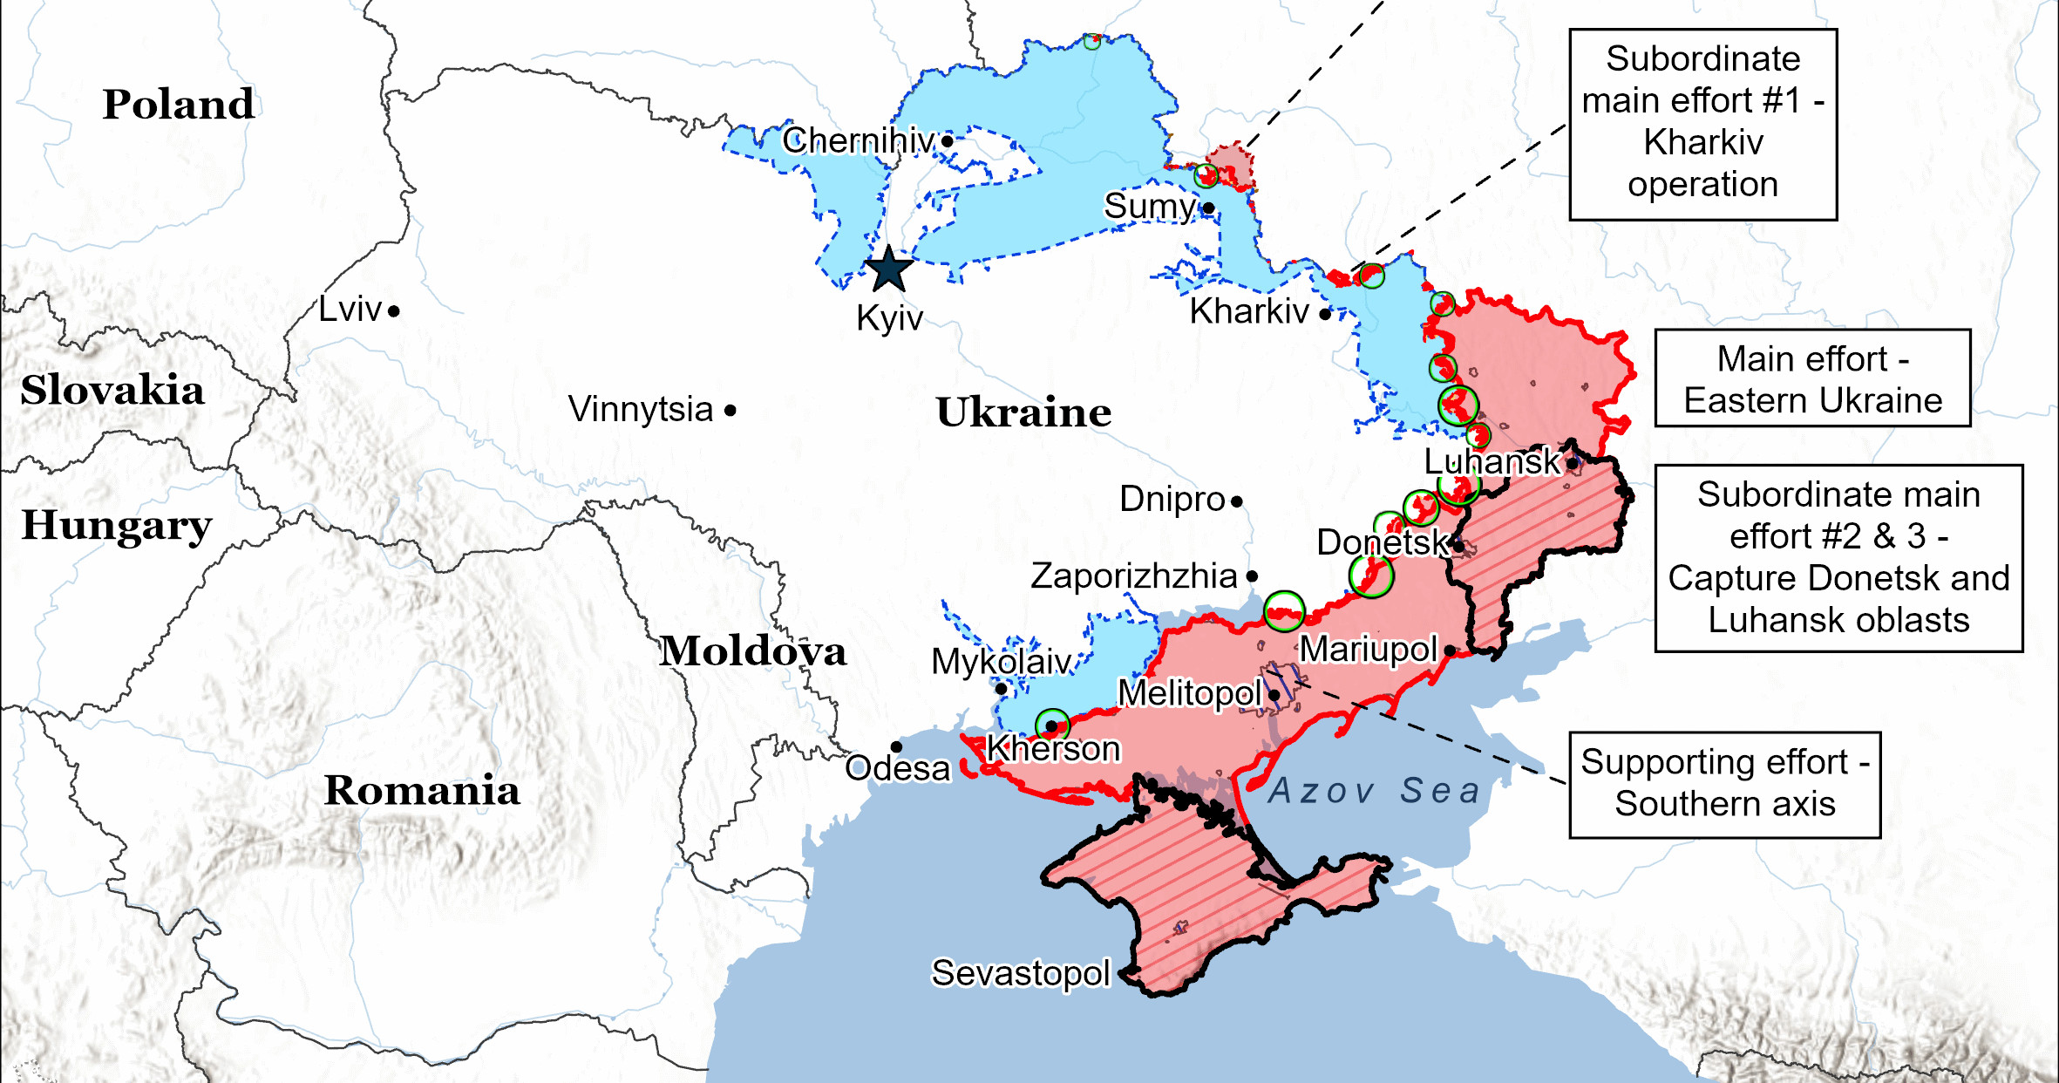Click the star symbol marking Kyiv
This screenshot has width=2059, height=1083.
pos(888,269)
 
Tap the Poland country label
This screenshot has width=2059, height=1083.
pos(179,105)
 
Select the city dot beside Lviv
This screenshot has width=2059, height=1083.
pos(394,310)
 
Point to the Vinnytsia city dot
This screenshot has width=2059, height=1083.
pos(731,410)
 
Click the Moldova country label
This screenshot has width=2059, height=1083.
pos(752,651)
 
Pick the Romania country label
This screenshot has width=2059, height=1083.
pos(422,791)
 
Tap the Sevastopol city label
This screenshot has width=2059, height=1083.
pos(1020,973)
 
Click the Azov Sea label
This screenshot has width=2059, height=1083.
pos(1375,791)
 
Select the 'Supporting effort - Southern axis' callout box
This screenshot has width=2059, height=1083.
pos(1724,785)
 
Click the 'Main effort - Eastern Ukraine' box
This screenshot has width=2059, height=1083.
pos(1812,378)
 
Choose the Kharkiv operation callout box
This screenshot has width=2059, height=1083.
pos(1702,124)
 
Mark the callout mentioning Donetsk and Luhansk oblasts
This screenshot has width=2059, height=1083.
pos(1838,558)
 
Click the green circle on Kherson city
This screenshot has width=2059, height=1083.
pos(1052,725)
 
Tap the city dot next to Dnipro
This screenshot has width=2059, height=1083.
pos(1237,501)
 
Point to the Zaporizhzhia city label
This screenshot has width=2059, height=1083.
pos(1133,576)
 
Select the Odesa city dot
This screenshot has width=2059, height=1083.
pos(896,747)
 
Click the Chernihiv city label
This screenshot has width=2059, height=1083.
pos(858,140)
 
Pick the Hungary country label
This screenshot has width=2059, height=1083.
pos(116,526)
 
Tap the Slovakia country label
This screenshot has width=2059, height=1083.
pos(112,390)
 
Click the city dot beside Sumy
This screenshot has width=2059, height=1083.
pos(1208,208)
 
